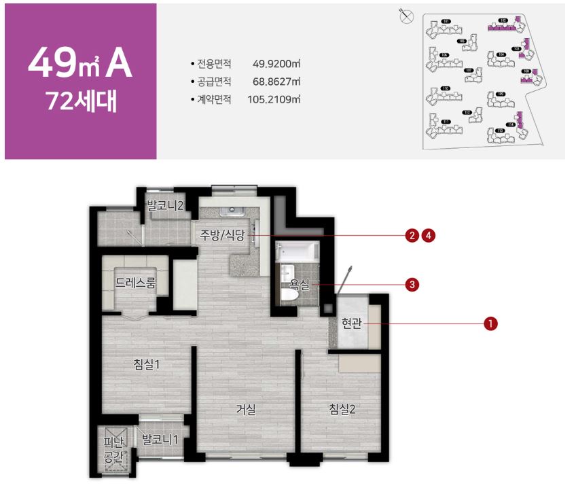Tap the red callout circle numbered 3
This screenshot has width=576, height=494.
tap(410, 284)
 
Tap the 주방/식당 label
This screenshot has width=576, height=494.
tap(222, 235)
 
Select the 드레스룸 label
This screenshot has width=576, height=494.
tap(135, 283)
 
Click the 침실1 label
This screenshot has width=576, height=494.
tap(146, 364)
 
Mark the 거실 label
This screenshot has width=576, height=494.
tap(245, 409)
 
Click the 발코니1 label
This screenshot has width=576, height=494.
tap(160, 440)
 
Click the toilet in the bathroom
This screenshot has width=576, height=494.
tap(288, 293)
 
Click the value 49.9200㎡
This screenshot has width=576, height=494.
tap(276, 64)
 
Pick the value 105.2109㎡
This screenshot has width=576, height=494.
tap(274, 99)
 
